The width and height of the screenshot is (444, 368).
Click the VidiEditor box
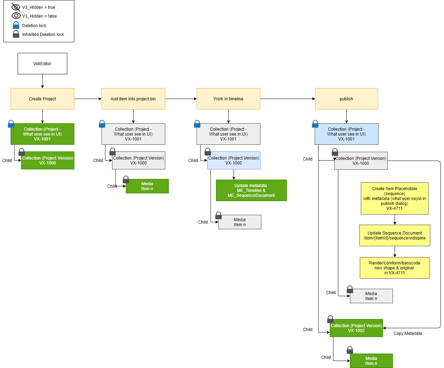(42, 64)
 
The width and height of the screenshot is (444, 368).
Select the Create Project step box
(42, 99)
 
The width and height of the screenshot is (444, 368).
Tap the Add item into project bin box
(133, 99)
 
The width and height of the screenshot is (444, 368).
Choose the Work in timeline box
(228, 99)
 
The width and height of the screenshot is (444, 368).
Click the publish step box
(346, 99)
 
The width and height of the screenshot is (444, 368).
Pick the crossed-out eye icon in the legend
(16, 7)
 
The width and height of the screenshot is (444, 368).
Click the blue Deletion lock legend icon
(16, 25)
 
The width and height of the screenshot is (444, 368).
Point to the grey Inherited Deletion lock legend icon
(16, 34)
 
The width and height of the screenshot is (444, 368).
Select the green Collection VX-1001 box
(42, 134)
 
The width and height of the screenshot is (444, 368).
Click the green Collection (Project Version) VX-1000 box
(48, 161)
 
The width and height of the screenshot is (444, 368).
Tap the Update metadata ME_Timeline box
(251, 191)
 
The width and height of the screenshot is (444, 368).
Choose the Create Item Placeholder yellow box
(395, 199)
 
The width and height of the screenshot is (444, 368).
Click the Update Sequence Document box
(395, 236)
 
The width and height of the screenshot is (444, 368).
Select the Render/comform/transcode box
(395, 268)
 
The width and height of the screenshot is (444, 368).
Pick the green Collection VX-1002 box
(356, 328)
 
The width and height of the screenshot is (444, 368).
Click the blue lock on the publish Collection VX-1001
(315, 124)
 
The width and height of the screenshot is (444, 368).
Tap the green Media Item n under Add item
(147, 186)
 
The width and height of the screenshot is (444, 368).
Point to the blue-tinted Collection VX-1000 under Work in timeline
(234, 161)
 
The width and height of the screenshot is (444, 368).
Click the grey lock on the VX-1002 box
(330, 319)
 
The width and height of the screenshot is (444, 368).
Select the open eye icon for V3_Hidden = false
(16, 16)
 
